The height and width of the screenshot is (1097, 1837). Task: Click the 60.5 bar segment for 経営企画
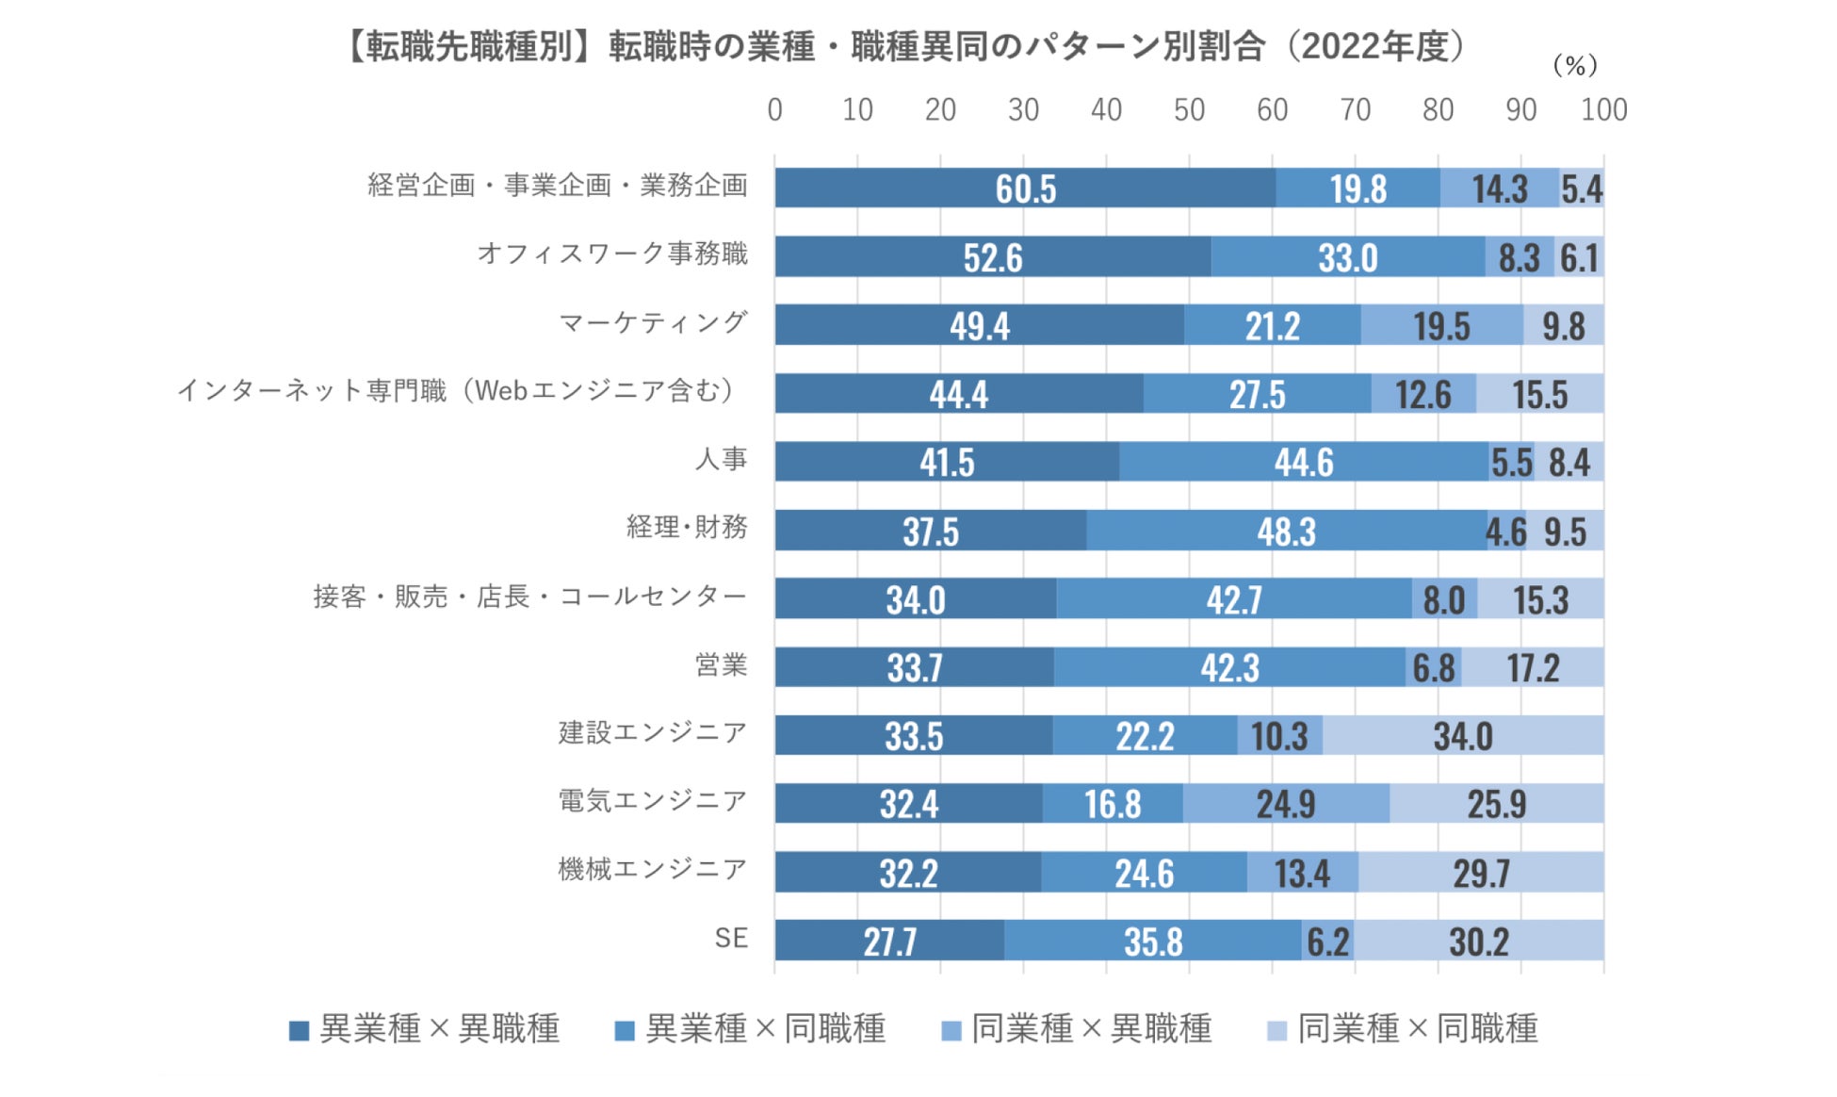(1025, 188)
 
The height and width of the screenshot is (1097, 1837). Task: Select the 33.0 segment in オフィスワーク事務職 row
(1348, 257)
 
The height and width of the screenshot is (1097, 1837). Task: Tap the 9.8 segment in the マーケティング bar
(1563, 326)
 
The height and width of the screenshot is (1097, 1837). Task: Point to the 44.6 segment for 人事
(1304, 462)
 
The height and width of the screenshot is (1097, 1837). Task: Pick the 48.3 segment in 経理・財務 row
(1286, 531)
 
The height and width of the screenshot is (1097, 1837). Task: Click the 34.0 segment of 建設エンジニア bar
(1463, 735)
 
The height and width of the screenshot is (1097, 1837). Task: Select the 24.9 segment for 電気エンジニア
(1286, 804)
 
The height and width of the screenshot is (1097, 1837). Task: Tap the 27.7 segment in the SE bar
(889, 941)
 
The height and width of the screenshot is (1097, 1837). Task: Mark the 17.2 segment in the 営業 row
(1533, 667)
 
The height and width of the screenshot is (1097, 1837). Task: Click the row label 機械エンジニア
(652, 869)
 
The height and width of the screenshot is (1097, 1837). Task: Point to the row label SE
(731, 938)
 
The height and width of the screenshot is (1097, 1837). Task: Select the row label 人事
(721, 459)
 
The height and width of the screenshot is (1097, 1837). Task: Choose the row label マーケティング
(653, 322)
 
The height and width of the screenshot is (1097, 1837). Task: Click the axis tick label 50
(1189, 110)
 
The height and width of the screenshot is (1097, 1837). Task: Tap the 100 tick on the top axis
(1603, 110)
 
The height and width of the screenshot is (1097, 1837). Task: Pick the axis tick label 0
(774, 110)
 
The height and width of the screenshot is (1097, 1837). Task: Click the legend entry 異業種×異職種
(425, 1029)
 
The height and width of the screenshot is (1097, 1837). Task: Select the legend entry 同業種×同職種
(1404, 1029)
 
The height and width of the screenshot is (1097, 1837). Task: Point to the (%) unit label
(1574, 65)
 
